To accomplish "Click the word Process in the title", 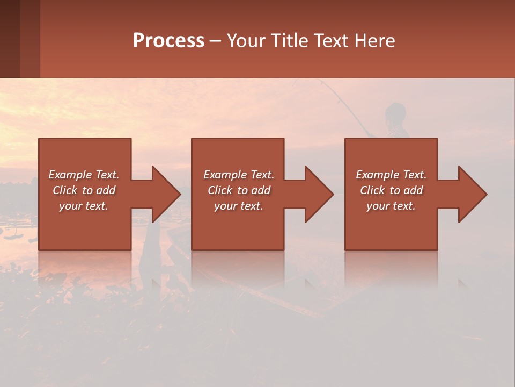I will (x=168, y=41).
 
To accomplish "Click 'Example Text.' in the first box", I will (x=84, y=175).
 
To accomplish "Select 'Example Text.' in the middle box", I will (x=238, y=175).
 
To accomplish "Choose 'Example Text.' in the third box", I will (x=391, y=175).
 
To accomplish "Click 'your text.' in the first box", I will (x=84, y=206).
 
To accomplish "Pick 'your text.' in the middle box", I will (x=238, y=206).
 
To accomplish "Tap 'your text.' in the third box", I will (x=391, y=206).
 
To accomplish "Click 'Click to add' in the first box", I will (x=84, y=190).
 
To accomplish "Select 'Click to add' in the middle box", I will (x=238, y=190).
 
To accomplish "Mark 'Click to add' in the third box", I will (x=391, y=190).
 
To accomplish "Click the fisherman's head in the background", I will (x=395, y=112).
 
